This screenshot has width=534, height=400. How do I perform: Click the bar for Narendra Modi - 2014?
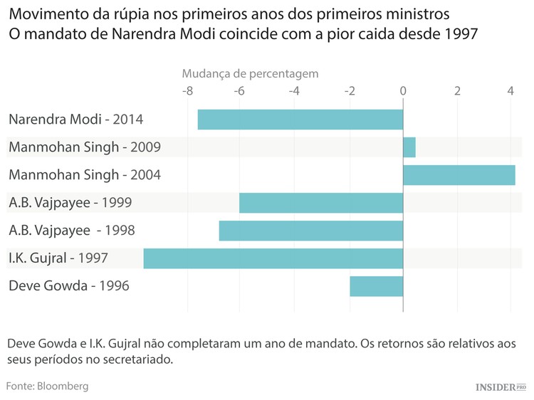tap(300, 120)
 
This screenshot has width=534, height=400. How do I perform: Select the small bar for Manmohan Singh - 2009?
tap(409, 147)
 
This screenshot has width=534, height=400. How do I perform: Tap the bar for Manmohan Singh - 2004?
tap(459, 175)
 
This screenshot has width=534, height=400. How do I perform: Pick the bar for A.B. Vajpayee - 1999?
tap(320, 203)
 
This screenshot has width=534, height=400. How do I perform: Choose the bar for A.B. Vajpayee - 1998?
tap(310, 231)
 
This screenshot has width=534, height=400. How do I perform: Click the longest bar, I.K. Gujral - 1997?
tap(273, 258)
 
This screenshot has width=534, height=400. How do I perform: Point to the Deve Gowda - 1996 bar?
tap(376, 286)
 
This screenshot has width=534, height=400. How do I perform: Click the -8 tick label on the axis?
tap(187, 91)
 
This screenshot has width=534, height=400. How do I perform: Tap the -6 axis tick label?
tap(241, 91)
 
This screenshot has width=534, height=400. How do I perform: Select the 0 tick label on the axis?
tap(403, 91)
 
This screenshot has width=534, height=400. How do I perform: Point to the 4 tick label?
tap(511, 91)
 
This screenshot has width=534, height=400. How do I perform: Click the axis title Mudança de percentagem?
tap(250, 73)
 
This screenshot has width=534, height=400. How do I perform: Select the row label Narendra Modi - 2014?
tap(80, 120)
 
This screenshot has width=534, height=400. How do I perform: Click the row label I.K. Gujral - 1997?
tap(58, 258)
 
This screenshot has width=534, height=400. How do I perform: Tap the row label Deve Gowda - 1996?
tap(69, 286)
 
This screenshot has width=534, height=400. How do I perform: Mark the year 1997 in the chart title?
tap(455, 33)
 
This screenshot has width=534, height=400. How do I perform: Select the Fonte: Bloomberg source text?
tap(47, 386)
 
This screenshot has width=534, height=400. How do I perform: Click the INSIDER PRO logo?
tap(501, 386)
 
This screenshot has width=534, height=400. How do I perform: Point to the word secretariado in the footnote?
tap(135, 359)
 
